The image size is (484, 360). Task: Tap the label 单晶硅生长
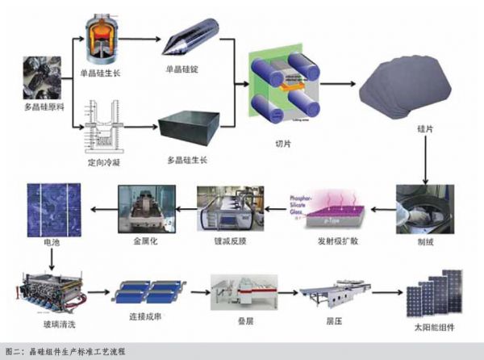106,73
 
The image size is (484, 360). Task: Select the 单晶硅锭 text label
180,70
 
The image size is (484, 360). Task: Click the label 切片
283,147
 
